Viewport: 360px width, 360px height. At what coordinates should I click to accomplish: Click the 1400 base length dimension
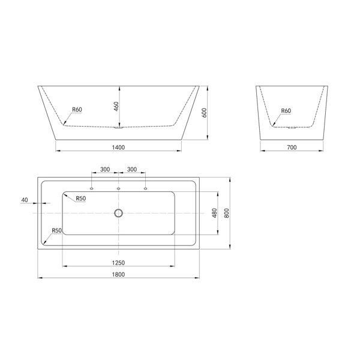[118, 148]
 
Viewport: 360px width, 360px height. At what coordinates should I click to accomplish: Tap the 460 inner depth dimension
[116, 106]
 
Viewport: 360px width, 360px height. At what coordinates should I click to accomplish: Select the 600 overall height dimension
[204, 113]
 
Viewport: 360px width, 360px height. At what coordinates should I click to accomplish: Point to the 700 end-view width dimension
[292, 148]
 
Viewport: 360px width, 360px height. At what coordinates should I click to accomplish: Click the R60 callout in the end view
[286, 110]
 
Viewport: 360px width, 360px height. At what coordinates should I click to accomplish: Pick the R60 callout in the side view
[77, 110]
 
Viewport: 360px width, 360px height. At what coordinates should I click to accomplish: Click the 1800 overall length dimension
[118, 274]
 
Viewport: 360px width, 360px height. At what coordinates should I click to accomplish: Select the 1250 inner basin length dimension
[118, 263]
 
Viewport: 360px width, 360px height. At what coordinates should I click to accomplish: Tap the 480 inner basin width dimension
[214, 213]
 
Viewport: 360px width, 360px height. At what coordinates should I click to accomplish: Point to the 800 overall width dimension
[226, 213]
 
